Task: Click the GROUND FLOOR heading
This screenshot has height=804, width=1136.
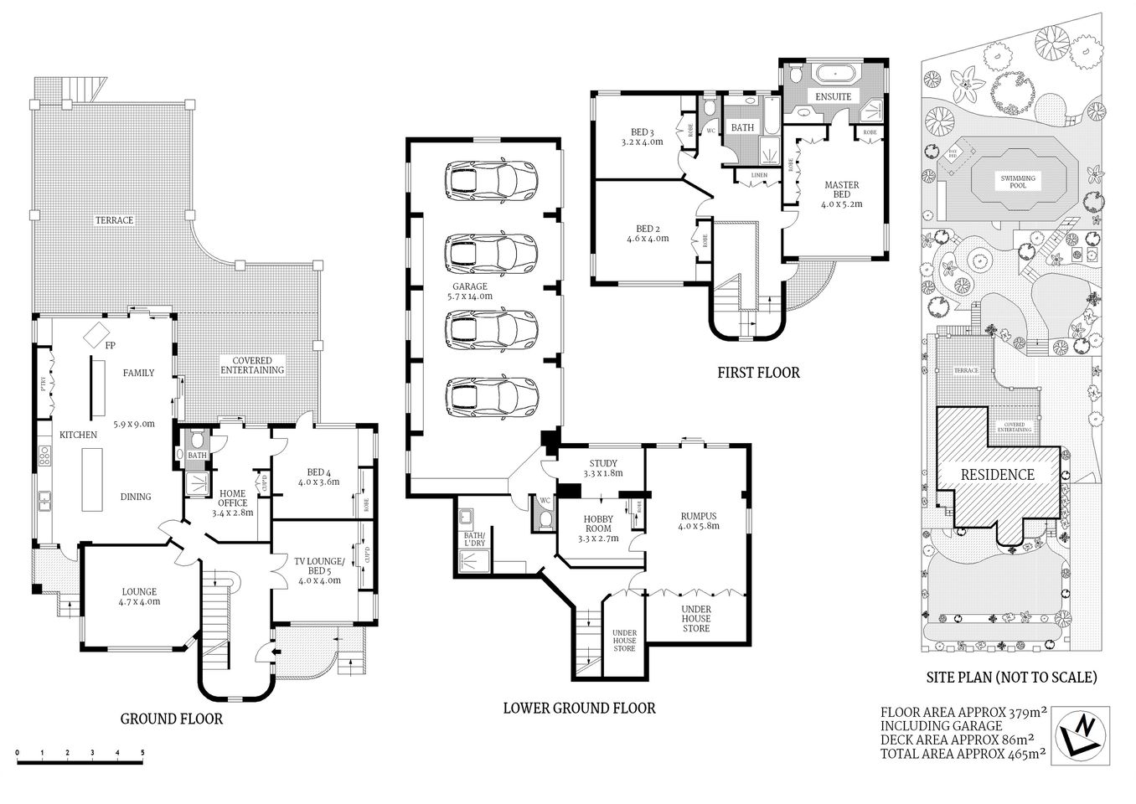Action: point(172,718)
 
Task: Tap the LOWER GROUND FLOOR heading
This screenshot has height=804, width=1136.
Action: point(579,708)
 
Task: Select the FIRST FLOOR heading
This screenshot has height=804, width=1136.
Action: point(758,372)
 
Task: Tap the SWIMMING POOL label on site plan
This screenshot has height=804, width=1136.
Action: point(1017,182)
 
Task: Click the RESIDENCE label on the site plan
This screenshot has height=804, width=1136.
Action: point(997,474)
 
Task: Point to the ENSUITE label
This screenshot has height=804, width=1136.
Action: point(833,97)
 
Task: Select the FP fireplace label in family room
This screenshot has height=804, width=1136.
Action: point(109,345)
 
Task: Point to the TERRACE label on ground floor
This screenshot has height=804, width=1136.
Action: point(114,220)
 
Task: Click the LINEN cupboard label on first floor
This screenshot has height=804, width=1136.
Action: point(759,175)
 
